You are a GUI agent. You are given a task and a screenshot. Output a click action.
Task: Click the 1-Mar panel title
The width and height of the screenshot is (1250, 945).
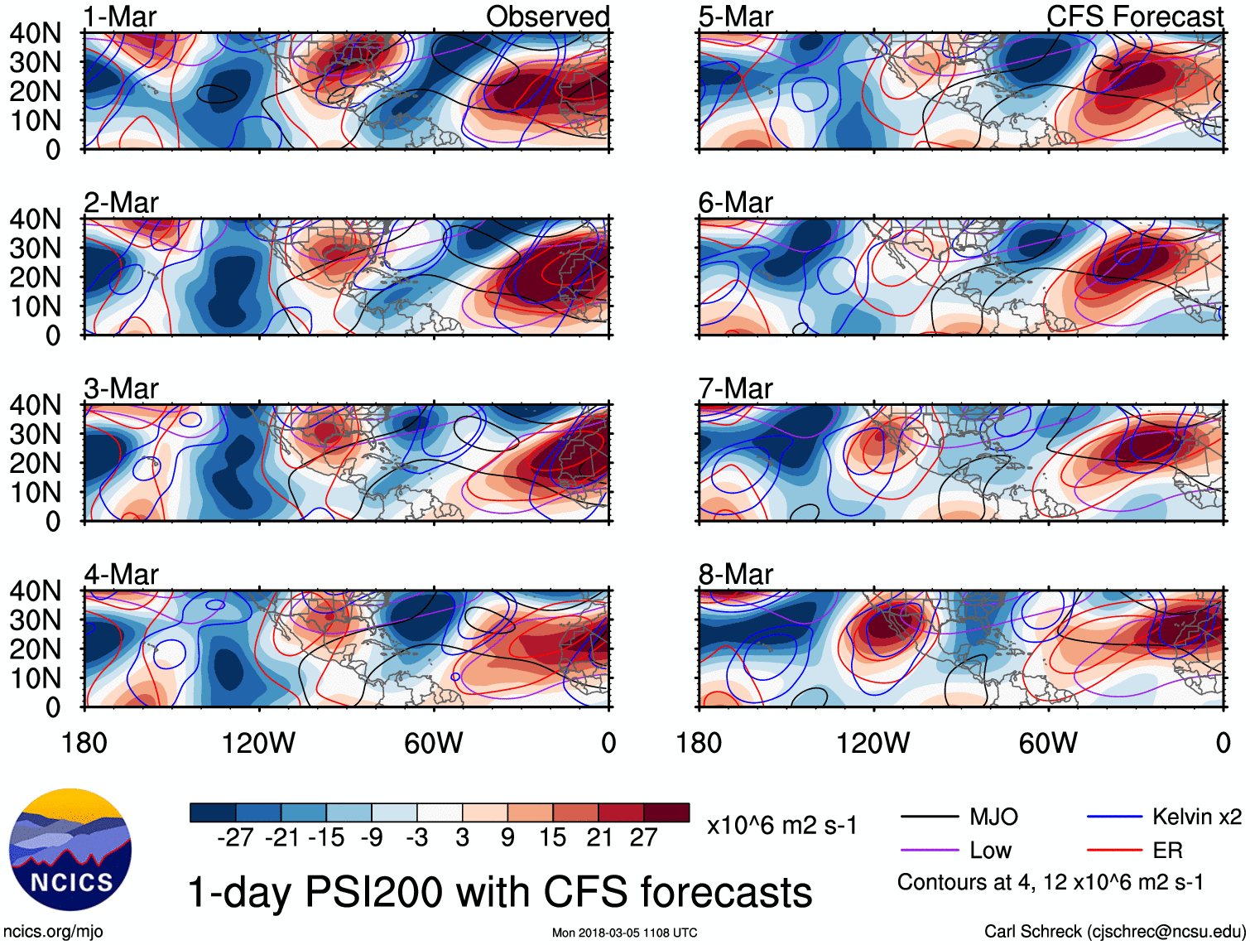pyautogui.click(x=120, y=17)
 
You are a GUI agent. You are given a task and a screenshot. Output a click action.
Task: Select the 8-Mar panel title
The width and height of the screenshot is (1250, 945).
pyautogui.click(x=735, y=574)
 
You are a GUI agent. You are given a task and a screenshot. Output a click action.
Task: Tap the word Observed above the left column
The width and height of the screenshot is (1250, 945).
pyautogui.click(x=547, y=17)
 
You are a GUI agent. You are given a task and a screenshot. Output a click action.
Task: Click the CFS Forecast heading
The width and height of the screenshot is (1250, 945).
pyautogui.click(x=1134, y=17)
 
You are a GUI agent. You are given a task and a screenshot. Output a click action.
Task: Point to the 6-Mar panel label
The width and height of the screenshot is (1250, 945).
pyautogui.click(x=735, y=202)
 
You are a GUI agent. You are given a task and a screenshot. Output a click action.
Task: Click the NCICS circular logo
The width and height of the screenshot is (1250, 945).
pyautogui.click(x=70, y=850)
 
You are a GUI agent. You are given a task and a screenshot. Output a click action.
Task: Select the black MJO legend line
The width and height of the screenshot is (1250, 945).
pyautogui.click(x=930, y=817)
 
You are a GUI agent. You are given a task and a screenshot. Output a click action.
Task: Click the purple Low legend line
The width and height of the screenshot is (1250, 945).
pyautogui.click(x=930, y=851)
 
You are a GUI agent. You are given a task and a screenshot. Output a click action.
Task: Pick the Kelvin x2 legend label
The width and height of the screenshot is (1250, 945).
pyautogui.click(x=1196, y=817)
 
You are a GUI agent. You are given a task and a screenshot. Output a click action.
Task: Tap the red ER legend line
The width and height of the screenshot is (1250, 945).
pyautogui.click(x=1114, y=851)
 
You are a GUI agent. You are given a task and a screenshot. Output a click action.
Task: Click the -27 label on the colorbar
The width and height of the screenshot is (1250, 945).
pyautogui.click(x=235, y=838)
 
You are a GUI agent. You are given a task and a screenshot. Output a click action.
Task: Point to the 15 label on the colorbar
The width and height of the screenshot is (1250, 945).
pyautogui.click(x=552, y=838)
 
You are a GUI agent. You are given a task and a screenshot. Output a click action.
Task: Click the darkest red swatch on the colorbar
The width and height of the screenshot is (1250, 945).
pyautogui.click(x=666, y=812)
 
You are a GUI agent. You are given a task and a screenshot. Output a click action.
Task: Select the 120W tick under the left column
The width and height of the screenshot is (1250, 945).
pyautogui.click(x=258, y=743)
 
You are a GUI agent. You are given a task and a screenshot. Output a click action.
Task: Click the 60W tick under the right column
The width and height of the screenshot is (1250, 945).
pyautogui.click(x=1048, y=743)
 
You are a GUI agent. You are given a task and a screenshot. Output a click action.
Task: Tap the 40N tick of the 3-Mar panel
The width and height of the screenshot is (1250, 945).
pyautogui.click(x=35, y=405)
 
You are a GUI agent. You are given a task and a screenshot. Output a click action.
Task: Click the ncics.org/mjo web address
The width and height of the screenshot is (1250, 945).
pyautogui.click(x=53, y=932)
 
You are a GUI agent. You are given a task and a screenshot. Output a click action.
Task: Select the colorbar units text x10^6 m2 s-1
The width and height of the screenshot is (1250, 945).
pyautogui.click(x=781, y=826)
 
